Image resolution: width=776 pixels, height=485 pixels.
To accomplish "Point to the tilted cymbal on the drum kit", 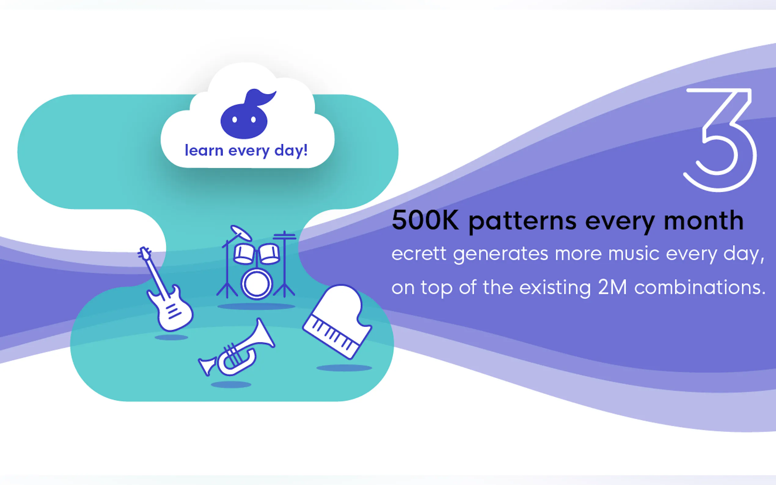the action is [x=241, y=232].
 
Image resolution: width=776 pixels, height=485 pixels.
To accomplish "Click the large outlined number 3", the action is [x=720, y=140].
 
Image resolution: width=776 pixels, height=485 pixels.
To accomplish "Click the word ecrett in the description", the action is [x=419, y=254].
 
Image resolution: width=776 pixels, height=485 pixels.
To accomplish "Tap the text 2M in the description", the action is [x=612, y=287].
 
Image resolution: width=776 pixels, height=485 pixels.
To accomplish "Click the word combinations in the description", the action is [x=700, y=287].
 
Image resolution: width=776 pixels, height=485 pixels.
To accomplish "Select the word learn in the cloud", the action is [x=204, y=150].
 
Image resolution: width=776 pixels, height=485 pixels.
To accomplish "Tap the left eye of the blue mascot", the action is [x=235, y=120].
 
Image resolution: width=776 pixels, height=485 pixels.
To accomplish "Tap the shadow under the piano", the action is [x=344, y=368].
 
